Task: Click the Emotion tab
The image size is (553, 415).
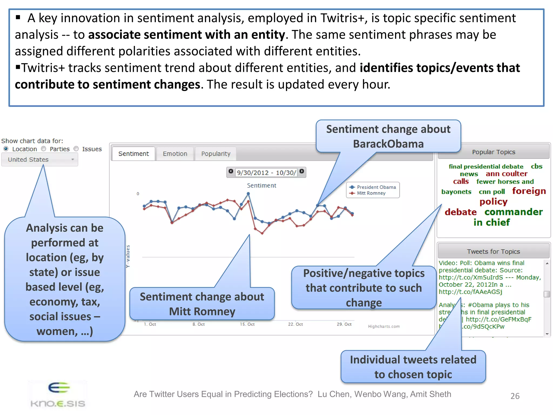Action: coord(175,154)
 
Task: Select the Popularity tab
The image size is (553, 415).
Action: coord(215,154)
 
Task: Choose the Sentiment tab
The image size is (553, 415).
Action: coord(133,154)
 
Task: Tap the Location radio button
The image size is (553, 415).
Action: coord(6,149)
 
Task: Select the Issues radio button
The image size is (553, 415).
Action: coord(76,149)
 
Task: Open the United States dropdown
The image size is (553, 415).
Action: coord(40,160)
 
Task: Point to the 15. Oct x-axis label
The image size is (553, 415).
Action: coord(247,324)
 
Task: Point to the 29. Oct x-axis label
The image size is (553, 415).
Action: coord(344,324)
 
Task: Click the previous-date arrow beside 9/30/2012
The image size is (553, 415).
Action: coord(231,171)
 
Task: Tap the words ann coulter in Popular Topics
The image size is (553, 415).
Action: coord(506,174)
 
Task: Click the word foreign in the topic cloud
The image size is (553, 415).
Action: coord(529,191)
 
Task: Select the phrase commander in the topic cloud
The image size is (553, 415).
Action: coord(513,212)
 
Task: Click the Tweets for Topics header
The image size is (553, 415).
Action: coord(493,252)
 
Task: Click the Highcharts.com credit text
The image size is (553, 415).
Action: coord(384,326)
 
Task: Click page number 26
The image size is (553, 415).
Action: coord(515,396)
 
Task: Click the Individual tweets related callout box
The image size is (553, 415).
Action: coord(413,367)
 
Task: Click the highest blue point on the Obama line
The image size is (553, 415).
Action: coord(248,194)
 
